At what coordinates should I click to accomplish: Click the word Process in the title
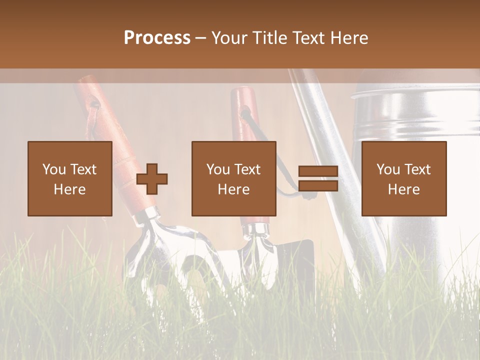point(157,38)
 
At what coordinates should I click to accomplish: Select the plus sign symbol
point(152,179)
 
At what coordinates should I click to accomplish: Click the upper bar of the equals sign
point(318,171)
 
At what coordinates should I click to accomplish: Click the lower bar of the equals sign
point(318,186)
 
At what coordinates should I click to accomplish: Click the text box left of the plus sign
point(70,178)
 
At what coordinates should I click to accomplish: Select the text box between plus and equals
point(233,178)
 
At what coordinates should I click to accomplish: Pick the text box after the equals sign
point(403,178)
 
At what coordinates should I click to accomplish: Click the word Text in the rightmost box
point(417,169)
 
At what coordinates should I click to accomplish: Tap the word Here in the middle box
point(233,189)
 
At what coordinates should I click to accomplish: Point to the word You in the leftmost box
point(53,169)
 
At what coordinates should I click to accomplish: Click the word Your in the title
point(231,38)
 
